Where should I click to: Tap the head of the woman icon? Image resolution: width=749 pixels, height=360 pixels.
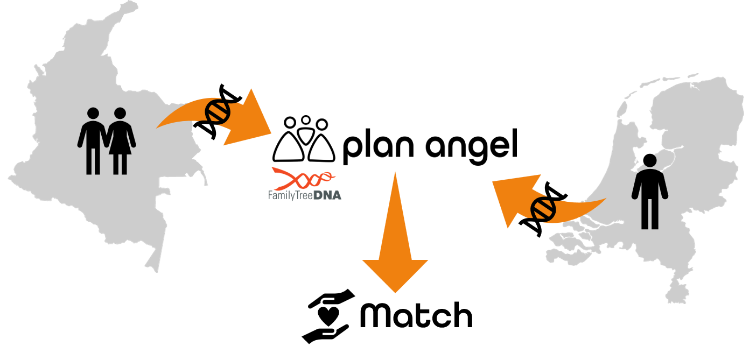tap(120, 113)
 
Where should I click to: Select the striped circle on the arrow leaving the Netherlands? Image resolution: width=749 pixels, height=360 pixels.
tap(543, 208)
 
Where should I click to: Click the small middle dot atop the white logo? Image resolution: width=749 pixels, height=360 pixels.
tap(306, 121)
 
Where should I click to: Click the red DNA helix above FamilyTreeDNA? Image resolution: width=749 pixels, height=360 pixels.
tap(304, 177)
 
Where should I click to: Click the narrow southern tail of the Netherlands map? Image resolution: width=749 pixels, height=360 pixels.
tap(675, 293)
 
